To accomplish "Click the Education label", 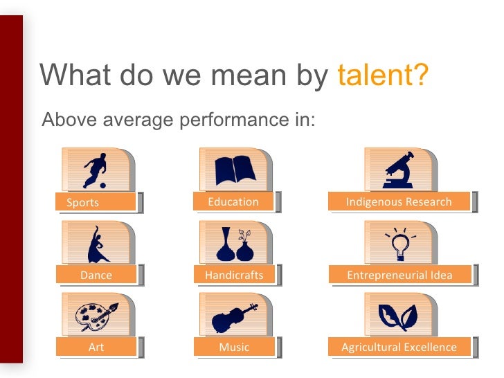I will (233, 201).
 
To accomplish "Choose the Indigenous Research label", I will (399, 201).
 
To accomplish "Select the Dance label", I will (96, 275).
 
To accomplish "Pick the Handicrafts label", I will (234, 275).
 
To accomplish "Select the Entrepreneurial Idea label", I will (399, 275).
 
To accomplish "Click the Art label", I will (96, 347).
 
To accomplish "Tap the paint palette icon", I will (96, 316).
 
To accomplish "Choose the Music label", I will (234, 347).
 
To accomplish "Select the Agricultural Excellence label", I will (399, 347).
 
